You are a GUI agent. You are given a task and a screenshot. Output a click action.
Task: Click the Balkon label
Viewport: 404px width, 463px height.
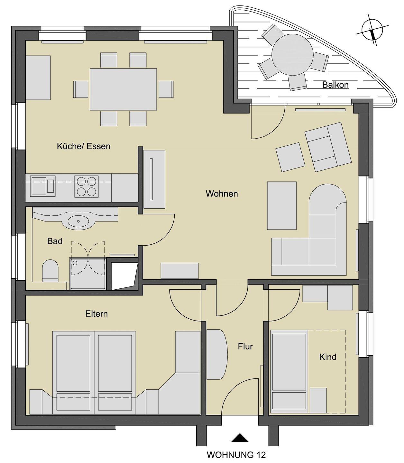pyautogui.click(x=335, y=85)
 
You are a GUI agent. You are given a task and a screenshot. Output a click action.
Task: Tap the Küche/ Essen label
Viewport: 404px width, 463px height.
pyautogui.click(x=84, y=146)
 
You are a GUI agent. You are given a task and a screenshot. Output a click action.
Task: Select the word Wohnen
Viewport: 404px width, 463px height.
pyautogui.click(x=222, y=194)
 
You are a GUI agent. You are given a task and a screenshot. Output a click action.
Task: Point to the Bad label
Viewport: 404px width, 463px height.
pyautogui.click(x=55, y=241)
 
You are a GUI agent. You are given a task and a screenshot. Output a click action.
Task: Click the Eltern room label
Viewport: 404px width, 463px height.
pyautogui.click(x=96, y=313)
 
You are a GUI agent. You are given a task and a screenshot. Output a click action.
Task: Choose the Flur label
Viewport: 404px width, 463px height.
pyautogui.click(x=245, y=346)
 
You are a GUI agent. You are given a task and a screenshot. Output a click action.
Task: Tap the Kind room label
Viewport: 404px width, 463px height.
pyautogui.click(x=328, y=357)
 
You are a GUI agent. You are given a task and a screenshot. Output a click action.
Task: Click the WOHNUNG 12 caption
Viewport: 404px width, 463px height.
pyautogui.click(x=236, y=454)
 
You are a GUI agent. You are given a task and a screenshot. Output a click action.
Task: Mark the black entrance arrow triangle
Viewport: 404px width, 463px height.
pyautogui.click(x=240, y=438)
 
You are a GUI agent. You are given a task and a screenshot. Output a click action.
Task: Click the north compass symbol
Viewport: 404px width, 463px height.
pyautogui.click(x=372, y=30)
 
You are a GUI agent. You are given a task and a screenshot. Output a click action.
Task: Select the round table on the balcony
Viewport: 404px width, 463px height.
pyautogui.click(x=292, y=55)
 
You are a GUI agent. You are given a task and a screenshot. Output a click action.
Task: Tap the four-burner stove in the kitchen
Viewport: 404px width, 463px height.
pyautogui.click(x=87, y=186)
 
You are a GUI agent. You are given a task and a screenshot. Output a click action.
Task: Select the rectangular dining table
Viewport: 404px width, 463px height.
pyautogui.click(x=123, y=89)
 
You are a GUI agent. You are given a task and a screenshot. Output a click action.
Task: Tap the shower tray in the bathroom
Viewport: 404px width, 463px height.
pyautogui.click(x=87, y=274)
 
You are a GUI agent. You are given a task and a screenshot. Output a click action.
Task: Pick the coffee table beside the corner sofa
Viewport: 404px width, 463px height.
pyautogui.click(x=282, y=205)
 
